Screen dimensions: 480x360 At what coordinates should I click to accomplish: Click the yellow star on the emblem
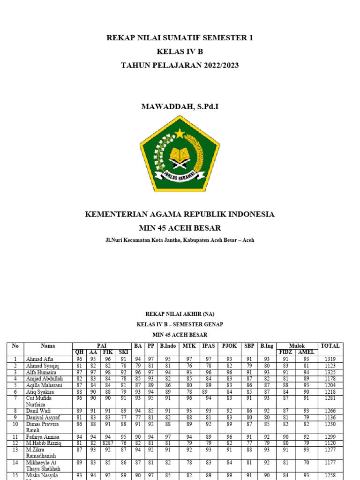pyautogui.click(x=180, y=134)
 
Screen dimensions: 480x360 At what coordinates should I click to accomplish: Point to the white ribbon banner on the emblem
pyautogui.click(x=180, y=176)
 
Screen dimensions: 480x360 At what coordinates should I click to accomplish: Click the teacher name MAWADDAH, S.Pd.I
pyautogui.click(x=180, y=107)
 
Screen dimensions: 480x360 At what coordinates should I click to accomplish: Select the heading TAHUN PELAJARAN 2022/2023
pyautogui.click(x=180, y=65)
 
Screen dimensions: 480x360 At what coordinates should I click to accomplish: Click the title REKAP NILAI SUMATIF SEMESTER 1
pyautogui.click(x=180, y=38)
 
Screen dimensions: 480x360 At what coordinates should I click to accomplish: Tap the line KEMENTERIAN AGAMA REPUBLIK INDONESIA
pyautogui.click(x=180, y=214)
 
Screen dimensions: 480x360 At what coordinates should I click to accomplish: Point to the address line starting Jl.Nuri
pyautogui.click(x=180, y=240)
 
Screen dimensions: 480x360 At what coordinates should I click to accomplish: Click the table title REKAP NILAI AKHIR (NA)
pyautogui.click(x=180, y=314)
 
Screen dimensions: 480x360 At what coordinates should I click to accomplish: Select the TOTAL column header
pyautogui.click(x=330, y=346)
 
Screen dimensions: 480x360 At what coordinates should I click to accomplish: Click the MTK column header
pyautogui.click(x=189, y=346)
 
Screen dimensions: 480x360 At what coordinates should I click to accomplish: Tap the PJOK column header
pyautogui.click(x=229, y=346)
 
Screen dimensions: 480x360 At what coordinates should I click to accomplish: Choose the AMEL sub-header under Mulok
pyautogui.click(x=306, y=352)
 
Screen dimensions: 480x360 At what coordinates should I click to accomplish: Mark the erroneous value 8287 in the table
pyautogui.click(x=108, y=443)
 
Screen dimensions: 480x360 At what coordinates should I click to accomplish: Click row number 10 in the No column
pyautogui.click(x=15, y=424)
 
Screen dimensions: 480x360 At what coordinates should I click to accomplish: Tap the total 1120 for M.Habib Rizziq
pyautogui.click(x=330, y=443)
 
